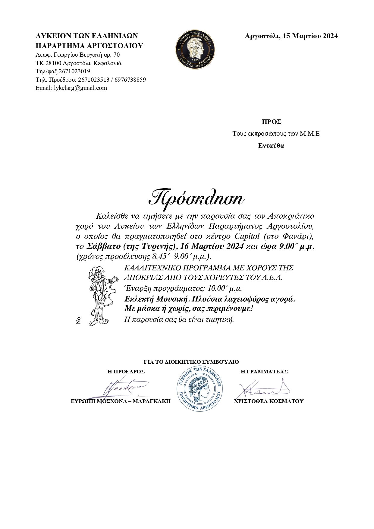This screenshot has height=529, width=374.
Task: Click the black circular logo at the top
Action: coord(196,49)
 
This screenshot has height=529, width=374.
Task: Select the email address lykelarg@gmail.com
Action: coord(80,88)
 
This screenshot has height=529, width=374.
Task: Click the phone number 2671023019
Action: coord(74,71)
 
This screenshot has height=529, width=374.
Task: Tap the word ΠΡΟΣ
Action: coord(271,122)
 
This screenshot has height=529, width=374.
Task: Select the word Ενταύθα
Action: coord(271,146)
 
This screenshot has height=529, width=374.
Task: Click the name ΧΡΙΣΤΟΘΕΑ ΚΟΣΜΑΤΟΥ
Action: coord(269,401)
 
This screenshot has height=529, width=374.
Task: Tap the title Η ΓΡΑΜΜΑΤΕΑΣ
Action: coord(264,372)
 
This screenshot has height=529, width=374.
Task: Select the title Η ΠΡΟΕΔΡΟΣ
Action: coord(126,372)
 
